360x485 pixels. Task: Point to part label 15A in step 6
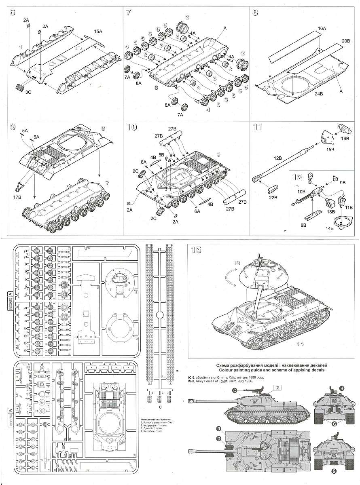pos(98,31)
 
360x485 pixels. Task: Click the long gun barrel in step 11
pos(283,162)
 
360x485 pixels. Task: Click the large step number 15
pos(196,250)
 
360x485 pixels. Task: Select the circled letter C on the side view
pos(235,390)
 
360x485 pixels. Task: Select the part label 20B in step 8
pos(346,41)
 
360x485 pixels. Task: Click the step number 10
pos(131,127)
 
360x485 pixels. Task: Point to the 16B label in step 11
pos(345,139)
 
